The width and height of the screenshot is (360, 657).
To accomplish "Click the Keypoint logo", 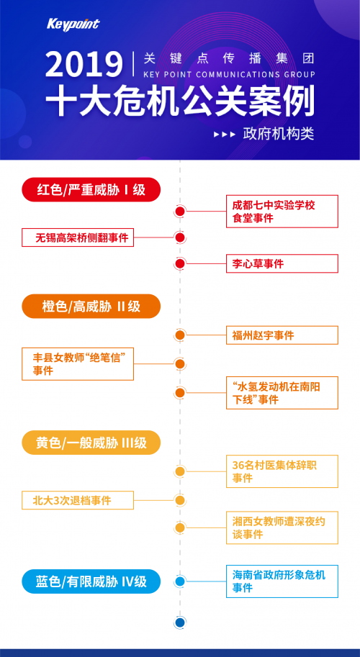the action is [73, 24].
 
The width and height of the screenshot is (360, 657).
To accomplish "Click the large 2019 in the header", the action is [84, 64].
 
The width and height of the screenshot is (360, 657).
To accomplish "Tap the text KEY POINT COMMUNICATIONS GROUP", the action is [229, 75].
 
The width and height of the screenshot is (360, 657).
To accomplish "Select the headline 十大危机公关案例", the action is [180, 102].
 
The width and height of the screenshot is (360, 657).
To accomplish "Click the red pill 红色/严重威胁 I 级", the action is [91, 190].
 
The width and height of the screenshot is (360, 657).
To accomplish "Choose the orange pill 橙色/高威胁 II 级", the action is [91, 307].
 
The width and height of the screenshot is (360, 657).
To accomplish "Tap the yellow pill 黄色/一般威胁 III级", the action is [91, 443].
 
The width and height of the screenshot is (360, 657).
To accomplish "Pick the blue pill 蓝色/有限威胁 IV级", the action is [91, 581].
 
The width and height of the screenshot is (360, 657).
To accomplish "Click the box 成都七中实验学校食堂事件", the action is [282, 212].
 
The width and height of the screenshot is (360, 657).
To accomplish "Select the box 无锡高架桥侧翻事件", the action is [78, 237].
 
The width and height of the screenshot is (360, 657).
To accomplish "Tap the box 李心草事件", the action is [282, 263].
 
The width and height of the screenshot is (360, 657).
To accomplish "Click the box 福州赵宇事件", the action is [282, 335].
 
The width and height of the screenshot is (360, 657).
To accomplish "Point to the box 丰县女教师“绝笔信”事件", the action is [78, 363].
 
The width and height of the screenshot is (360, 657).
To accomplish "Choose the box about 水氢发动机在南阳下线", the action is [282, 393].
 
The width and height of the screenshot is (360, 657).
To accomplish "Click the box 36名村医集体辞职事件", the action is [282, 471].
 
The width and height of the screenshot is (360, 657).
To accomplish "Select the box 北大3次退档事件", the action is [78, 500].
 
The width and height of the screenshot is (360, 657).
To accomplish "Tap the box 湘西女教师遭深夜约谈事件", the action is [282, 527].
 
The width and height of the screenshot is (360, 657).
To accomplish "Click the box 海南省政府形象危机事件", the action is [282, 581].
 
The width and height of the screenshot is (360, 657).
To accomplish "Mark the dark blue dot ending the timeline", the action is [180, 622].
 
